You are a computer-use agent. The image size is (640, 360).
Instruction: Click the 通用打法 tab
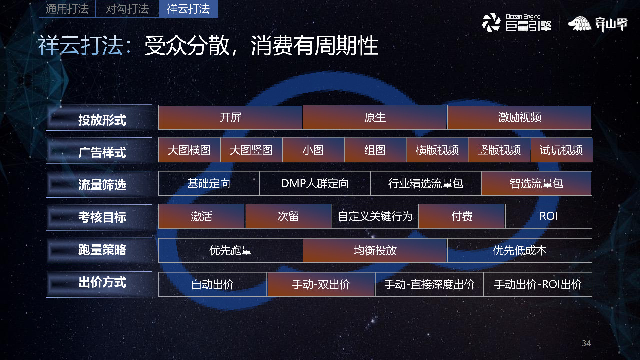[x=67, y=9]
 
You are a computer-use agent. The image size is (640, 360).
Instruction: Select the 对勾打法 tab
[x=127, y=9]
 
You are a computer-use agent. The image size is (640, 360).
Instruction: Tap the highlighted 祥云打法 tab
[x=188, y=9]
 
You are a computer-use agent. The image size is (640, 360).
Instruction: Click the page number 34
[x=586, y=343]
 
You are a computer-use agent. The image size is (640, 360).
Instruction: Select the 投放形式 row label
[x=101, y=120]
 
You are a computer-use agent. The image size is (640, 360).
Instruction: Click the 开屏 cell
[x=230, y=117]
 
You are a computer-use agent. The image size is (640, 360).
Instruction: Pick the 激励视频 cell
[x=519, y=117]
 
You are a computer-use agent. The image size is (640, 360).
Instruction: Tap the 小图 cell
[x=313, y=150]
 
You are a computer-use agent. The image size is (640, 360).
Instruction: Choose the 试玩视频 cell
[x=561, y=150]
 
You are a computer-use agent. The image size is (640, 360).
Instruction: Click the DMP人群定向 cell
[x=315, y=183]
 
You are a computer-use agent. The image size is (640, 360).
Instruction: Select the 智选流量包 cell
[x=536, y=183]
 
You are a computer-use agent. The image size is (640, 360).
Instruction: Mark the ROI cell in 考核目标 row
[x=548, y=216]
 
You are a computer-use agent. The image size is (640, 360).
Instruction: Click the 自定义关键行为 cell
[x=375, y=216]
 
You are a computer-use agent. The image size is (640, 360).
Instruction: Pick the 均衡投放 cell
[x=375, y=250]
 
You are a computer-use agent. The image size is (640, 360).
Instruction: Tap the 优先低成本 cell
[x=519, y=250]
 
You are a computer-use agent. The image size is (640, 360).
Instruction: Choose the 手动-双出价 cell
[x=321, y=284]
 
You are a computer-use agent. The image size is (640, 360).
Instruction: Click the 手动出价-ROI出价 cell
[x=538, y=284]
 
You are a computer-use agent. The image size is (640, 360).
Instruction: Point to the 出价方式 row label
[x=101, y=282]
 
